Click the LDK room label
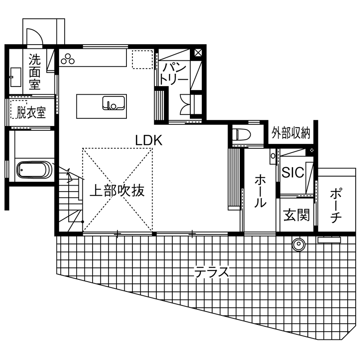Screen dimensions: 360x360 [148, 140]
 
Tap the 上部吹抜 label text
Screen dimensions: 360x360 [117, 190]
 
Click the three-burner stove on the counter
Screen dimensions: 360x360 [67, 59]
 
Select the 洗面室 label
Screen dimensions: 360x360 [35, 71]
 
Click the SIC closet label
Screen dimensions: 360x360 [293, 172]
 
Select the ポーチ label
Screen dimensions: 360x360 [336, 205]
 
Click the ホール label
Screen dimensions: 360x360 [259, 191]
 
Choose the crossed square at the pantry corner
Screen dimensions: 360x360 [198, 54]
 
